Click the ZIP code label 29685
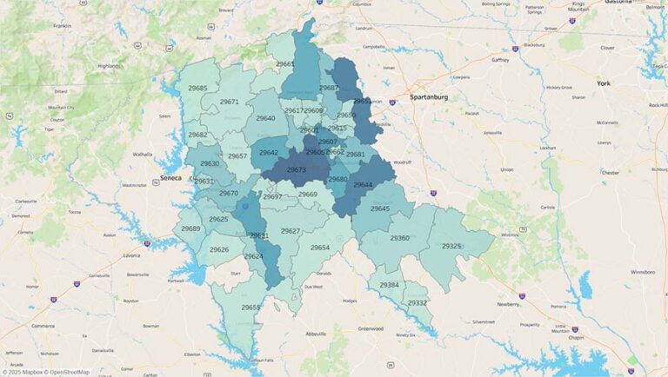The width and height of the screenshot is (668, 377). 197,89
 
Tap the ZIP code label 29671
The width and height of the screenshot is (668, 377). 229,102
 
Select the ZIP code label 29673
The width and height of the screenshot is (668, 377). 296,170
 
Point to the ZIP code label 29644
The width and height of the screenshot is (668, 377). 363,185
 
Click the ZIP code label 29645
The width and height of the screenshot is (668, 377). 380,208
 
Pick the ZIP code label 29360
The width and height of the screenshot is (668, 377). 399,238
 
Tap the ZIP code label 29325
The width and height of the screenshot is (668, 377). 451,247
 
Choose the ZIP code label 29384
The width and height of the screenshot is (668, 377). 389,285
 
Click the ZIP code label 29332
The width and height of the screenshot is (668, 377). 417,303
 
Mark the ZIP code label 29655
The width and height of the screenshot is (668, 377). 251,308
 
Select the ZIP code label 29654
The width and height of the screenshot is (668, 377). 320,248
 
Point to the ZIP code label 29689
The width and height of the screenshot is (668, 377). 190,228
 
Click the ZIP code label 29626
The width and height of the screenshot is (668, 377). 219,250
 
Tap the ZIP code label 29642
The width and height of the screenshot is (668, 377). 269,153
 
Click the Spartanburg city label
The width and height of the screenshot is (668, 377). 429,97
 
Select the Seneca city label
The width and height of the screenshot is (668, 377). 171,178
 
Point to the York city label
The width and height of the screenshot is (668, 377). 605,83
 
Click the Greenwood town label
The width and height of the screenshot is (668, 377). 369,329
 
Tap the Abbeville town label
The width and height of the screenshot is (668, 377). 314,334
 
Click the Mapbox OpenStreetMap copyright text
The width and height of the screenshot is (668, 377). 45,372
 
